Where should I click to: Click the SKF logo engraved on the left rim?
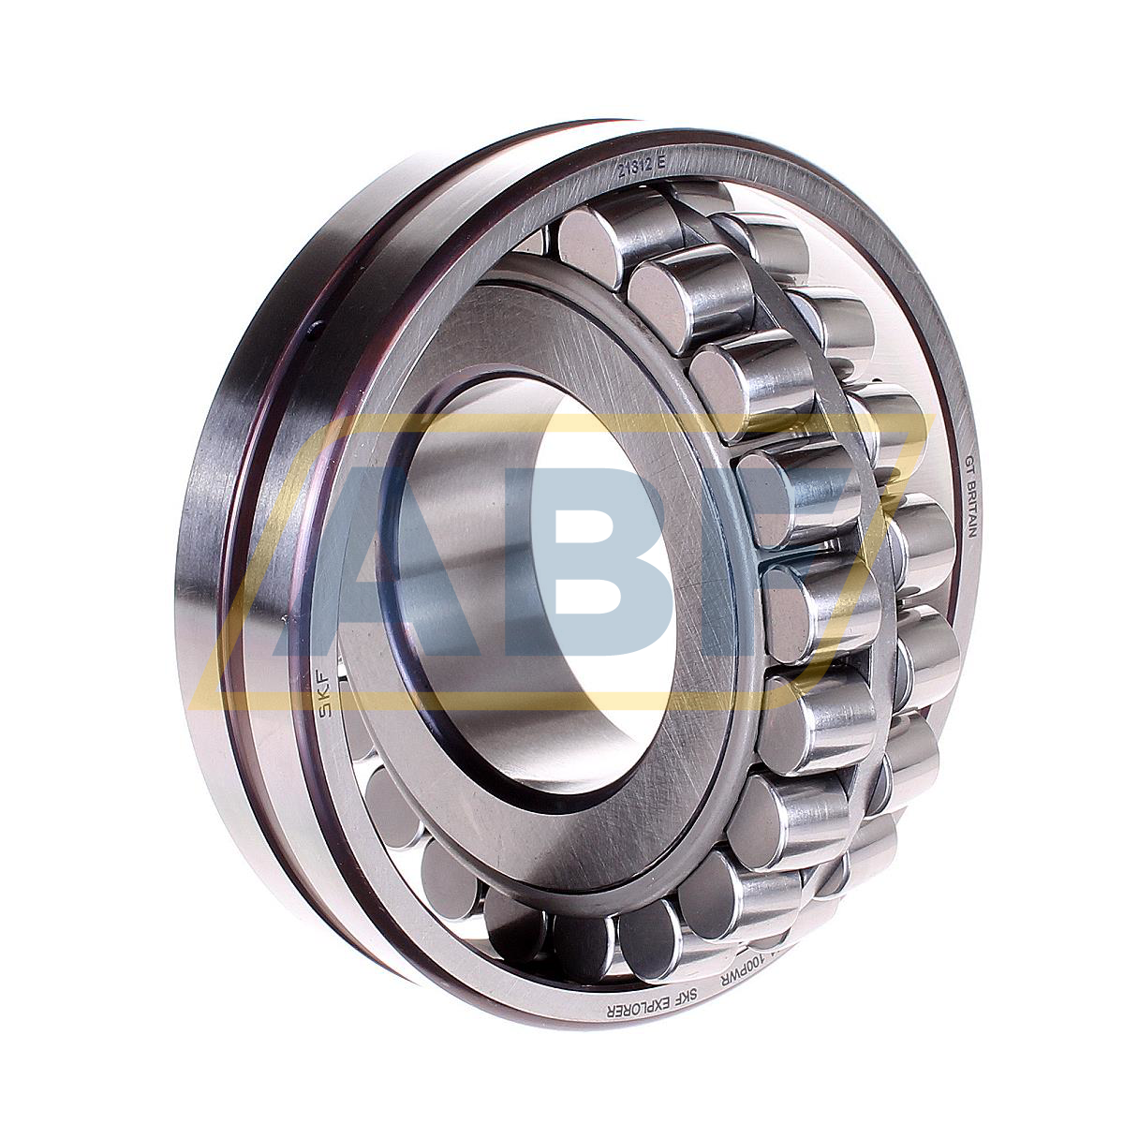tap(329, 693)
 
